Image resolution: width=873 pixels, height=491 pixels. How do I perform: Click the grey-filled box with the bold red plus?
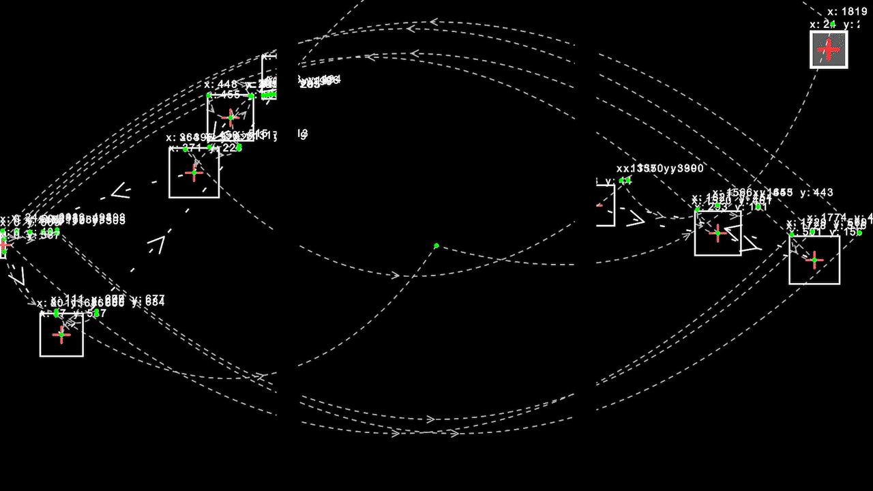[829, 50]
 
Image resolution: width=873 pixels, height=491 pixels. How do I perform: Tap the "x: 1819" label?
[847, 12]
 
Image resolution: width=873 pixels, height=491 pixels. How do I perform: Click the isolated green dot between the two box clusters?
[436, 245]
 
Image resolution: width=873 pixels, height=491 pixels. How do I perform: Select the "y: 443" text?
[816, 193]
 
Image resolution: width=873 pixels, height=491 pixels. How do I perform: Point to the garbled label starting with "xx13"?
[660, 168]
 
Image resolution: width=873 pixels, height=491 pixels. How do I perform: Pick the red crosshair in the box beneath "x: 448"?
[231, 118]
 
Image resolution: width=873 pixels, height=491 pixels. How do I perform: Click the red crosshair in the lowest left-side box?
[61, 334]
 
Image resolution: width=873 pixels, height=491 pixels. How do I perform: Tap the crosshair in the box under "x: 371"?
[194, 173]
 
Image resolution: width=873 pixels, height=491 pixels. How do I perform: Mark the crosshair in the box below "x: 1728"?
[814, 260]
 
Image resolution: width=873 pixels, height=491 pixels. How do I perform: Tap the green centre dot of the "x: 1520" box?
[717, 233]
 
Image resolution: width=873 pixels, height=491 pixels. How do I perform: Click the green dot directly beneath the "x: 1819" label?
[833, 24]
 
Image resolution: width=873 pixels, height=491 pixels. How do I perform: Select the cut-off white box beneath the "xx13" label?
[606, 205]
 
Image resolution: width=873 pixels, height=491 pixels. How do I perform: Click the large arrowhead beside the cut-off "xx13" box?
[636, 218]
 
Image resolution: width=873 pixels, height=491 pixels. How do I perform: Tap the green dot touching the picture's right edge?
[859, 233]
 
